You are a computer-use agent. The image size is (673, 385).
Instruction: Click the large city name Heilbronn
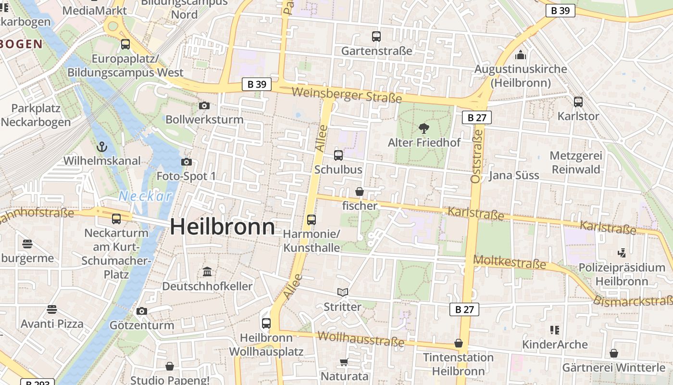coord(223,227)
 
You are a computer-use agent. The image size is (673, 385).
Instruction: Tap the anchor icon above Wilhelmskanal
coord(102,146)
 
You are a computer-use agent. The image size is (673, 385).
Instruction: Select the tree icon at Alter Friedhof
coord(424,128)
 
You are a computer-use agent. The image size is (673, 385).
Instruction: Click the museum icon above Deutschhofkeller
coord(207,272)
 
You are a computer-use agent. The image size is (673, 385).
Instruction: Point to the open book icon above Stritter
coord(343,293)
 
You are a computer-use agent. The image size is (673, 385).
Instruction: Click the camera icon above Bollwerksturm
coord(204,105)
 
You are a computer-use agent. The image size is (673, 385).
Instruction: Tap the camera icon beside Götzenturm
coord(141,311)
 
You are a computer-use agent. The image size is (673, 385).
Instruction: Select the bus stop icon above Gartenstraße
coord(376,36)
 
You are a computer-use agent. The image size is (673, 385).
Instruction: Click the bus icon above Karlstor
coord(578,102)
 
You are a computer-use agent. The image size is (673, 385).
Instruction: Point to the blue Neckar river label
coord(145,196)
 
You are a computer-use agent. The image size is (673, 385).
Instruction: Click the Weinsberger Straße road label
coord(346,94)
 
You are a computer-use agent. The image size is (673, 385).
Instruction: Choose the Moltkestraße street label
coord(510,263)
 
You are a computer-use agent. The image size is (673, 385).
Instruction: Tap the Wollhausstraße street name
coord(361,339)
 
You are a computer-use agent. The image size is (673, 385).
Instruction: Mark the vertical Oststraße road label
coord(476,156)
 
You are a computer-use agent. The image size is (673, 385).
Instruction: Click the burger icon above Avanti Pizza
coord(52,309)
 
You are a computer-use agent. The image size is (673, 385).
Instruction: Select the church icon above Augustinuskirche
coord(520,54)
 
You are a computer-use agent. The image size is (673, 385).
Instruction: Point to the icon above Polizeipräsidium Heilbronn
coord(622,253)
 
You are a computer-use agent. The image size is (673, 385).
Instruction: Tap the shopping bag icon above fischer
coord(360,192)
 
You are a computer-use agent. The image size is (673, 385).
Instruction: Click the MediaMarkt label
coord(95,11)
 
